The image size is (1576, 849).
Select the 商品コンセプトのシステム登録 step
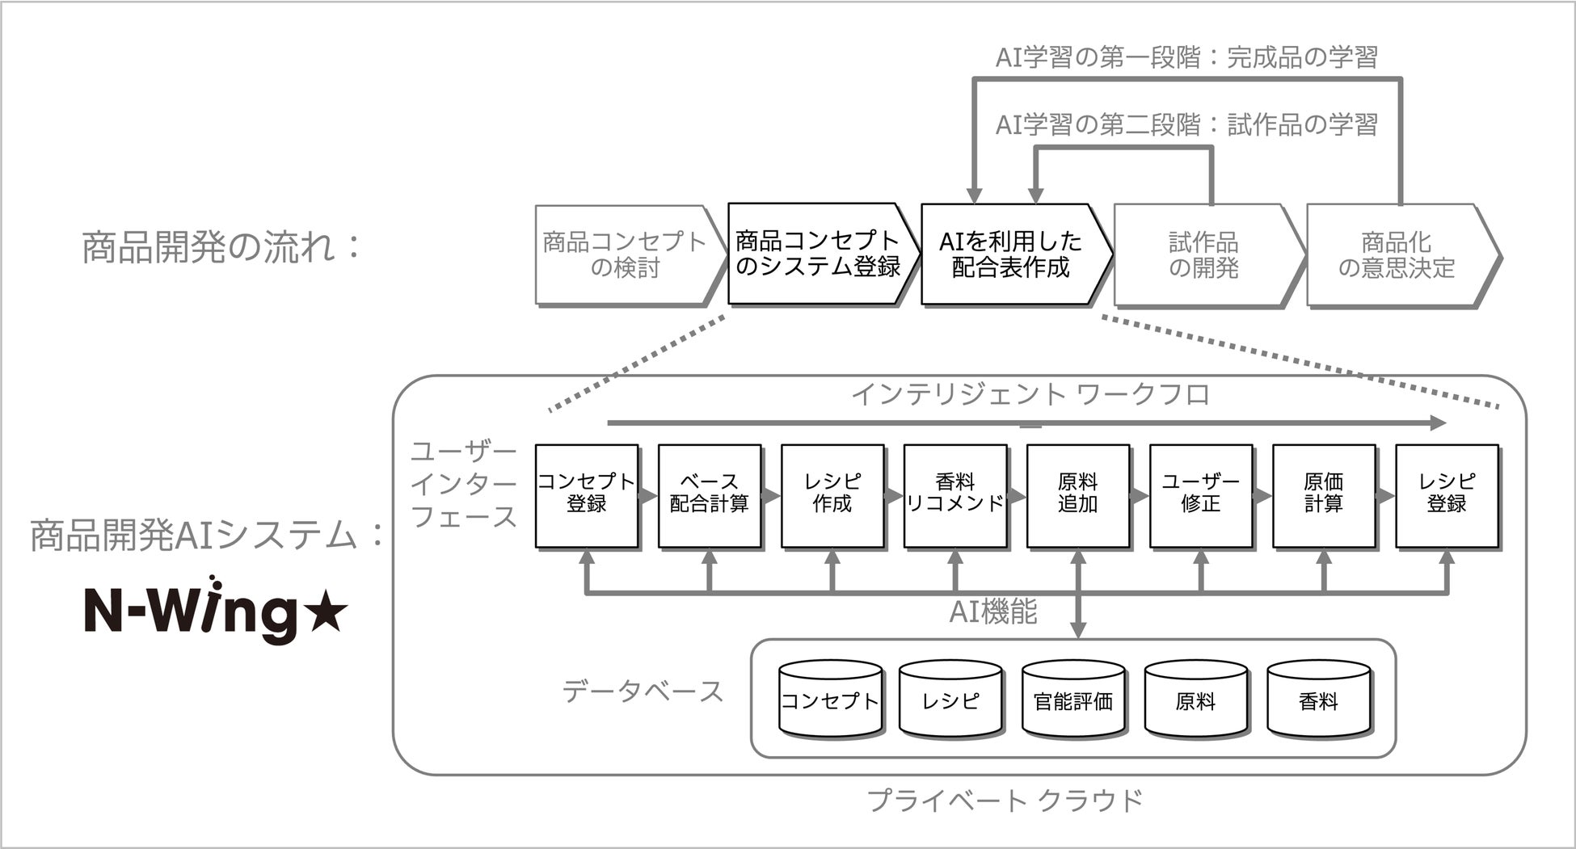[x=818, y=254]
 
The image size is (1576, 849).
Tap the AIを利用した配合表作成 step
[x=1011, y=254]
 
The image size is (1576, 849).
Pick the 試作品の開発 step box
[x=1203, y=254]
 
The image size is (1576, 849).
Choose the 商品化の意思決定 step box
[x=1397, y=254]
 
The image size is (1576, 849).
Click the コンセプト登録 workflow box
[x=587, y=494]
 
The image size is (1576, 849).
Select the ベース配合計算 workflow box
[x=710, y=494]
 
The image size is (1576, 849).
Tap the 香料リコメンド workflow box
[x=955, y=494]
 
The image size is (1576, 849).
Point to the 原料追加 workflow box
[x=1078, y=494]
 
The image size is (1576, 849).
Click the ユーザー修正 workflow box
[x=1201, y=494]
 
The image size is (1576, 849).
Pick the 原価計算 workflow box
[x=1324, y=494]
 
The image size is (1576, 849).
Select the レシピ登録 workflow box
[x=1447, y=494]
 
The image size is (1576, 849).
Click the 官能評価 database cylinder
[x=1073, y=700]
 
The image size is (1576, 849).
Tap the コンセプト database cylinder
[x=830, y=700]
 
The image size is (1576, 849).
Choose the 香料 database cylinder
[x=1318, y=700]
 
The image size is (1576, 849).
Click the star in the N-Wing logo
[x=328, y=615]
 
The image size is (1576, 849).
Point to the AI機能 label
[x=993, y=612]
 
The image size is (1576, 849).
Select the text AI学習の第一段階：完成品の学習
[x=1186, y=57]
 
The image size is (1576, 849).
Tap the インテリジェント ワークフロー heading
[x=1030, y=395]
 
